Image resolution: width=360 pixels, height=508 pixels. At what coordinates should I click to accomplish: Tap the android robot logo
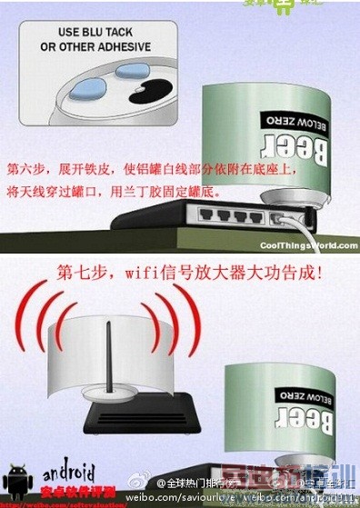[19, 478]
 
